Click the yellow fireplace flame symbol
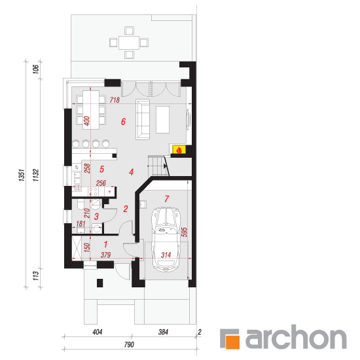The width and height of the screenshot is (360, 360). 179,150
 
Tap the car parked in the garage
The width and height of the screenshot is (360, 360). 166,240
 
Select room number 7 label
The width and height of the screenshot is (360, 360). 167,198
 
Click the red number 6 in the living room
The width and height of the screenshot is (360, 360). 123,122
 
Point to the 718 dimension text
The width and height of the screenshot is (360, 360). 115,100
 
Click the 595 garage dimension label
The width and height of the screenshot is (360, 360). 184,232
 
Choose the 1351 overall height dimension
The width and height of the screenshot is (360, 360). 22,175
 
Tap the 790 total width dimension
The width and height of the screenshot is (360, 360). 129,344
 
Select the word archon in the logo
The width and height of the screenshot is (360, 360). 296,337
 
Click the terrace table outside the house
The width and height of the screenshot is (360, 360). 129,43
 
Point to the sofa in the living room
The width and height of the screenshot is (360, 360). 143,119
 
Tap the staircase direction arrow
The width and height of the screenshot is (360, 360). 165,166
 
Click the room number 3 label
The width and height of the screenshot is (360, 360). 96,216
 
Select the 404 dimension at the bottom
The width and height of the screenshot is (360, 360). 98,332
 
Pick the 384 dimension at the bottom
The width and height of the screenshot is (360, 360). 163,332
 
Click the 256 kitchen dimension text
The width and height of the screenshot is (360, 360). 101,183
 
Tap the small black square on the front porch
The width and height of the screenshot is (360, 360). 99,283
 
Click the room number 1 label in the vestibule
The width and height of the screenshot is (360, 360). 105,244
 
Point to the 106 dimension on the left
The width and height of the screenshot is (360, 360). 36,69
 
